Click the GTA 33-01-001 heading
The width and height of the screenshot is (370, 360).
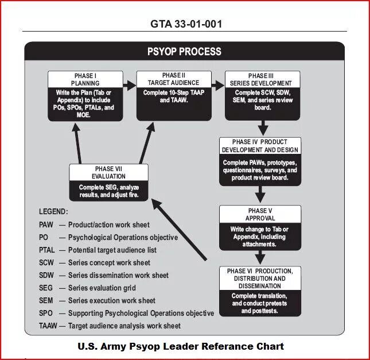(x=185, y=24)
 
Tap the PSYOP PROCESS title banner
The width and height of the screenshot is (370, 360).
(x=184, y=52)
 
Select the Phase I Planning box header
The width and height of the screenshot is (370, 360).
(x=87, y=79)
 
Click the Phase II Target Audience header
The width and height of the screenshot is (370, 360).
(x=173, y=79)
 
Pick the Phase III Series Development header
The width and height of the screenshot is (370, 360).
(x=263, y=79)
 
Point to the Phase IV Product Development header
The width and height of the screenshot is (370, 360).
(x=260, y=146)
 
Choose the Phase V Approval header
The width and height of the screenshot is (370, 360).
(x=260, y=214)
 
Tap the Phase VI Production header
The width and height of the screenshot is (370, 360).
(x=260, y=278)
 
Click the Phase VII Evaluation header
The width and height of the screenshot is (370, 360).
(x=108, y=172)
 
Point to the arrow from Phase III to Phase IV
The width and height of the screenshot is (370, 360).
(x=263, y=127)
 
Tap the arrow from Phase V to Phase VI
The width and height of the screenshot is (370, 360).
(x=260, y=256)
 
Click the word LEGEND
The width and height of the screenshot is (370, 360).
(x=53, y=212)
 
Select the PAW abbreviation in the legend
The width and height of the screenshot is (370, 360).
(x=46, y=224)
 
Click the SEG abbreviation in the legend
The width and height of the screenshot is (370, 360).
(x=46, y=288)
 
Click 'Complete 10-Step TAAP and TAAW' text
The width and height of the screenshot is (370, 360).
(x=173, y=96)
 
